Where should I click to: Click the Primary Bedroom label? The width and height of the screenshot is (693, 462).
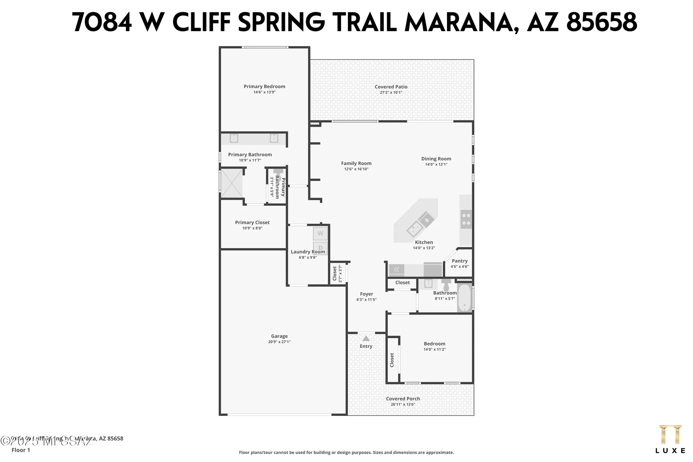click(x=264, y=87)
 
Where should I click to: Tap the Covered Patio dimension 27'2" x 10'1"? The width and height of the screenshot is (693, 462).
click(x=391, y=93)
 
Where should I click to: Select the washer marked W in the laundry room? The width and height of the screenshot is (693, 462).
click(x=320, y=234)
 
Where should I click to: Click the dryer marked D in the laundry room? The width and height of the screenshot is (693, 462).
click(x=321, y=247)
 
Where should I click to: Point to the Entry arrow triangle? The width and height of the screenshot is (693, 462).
click(x=366, y=338)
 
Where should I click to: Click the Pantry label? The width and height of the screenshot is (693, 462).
click(x=459, y=261)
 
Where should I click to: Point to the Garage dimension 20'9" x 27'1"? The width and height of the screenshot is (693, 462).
click(x=279, y=342)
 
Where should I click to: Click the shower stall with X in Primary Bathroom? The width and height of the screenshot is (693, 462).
click(x=232, y=183)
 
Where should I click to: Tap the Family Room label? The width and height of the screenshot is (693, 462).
click(x=356, y=163)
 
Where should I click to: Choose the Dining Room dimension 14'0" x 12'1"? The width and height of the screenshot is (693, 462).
click(x=436, y=164)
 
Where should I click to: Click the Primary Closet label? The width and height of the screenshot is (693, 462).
click(x=252, y=223)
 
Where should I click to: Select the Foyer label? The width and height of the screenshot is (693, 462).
click(x=366, y=294)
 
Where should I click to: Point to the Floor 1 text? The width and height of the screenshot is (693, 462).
click(x=21, y=450)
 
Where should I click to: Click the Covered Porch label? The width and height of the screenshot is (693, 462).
click(x=403, y=399)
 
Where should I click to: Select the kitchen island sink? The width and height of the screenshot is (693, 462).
click(x=414, y=228)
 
